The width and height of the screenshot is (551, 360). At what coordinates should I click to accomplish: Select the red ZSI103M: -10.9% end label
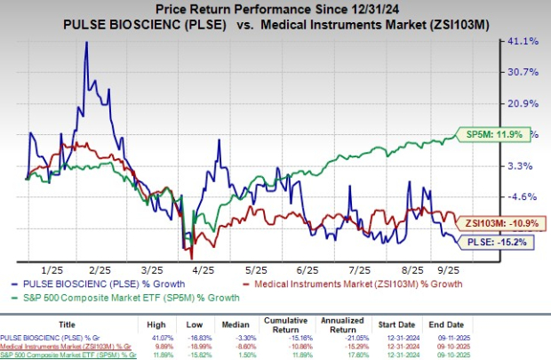[x=493, y=222]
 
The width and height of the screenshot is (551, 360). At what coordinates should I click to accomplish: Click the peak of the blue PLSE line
[x=86, y=42]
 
